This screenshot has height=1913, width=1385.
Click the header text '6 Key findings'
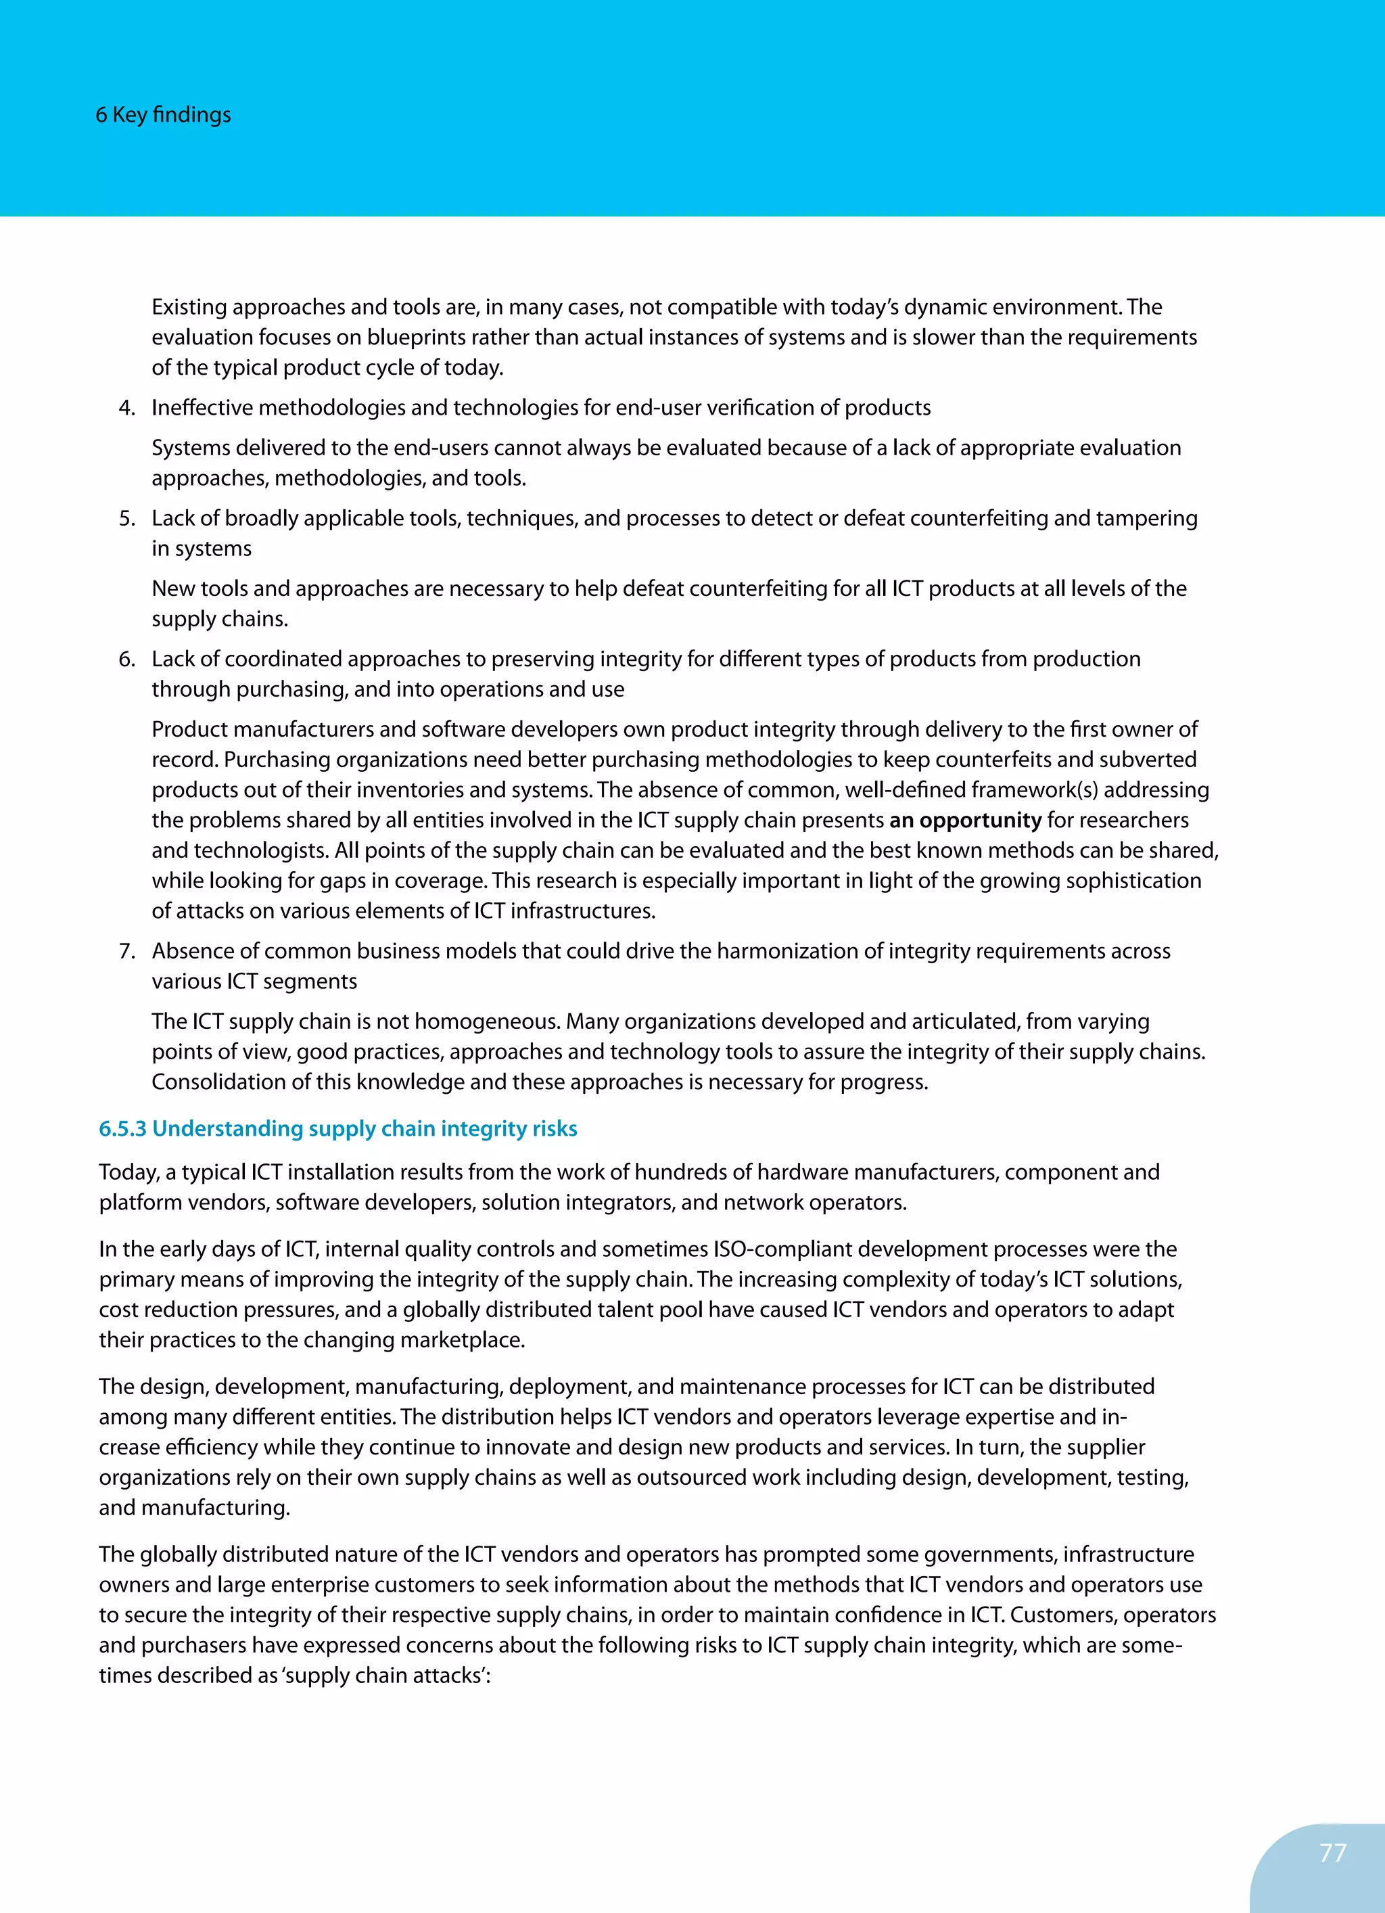click(163, 115)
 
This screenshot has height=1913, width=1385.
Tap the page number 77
click(1333, 1852)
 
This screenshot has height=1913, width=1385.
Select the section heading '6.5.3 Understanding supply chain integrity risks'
click(337, 1128)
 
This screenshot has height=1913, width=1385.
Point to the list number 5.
click(126, 519)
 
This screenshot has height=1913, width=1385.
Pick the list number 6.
click(126, 660)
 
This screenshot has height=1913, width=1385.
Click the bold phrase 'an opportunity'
click(965, 820)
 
